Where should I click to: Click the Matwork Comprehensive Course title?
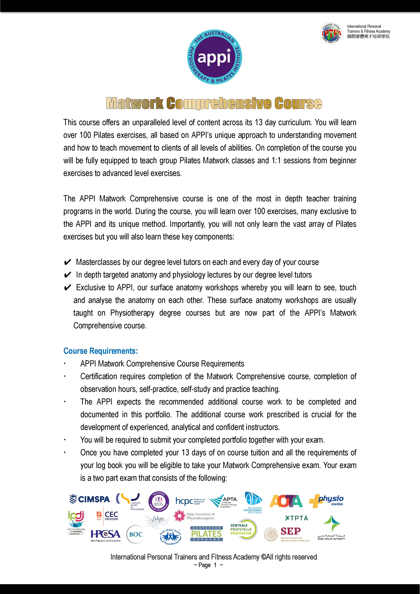point(214,103)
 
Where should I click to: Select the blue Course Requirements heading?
point(101,351)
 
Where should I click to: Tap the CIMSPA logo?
point(90,499)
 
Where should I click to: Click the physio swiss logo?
point(326,501)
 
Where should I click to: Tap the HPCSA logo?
point(105,535)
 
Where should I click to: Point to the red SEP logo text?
point(290,531)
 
